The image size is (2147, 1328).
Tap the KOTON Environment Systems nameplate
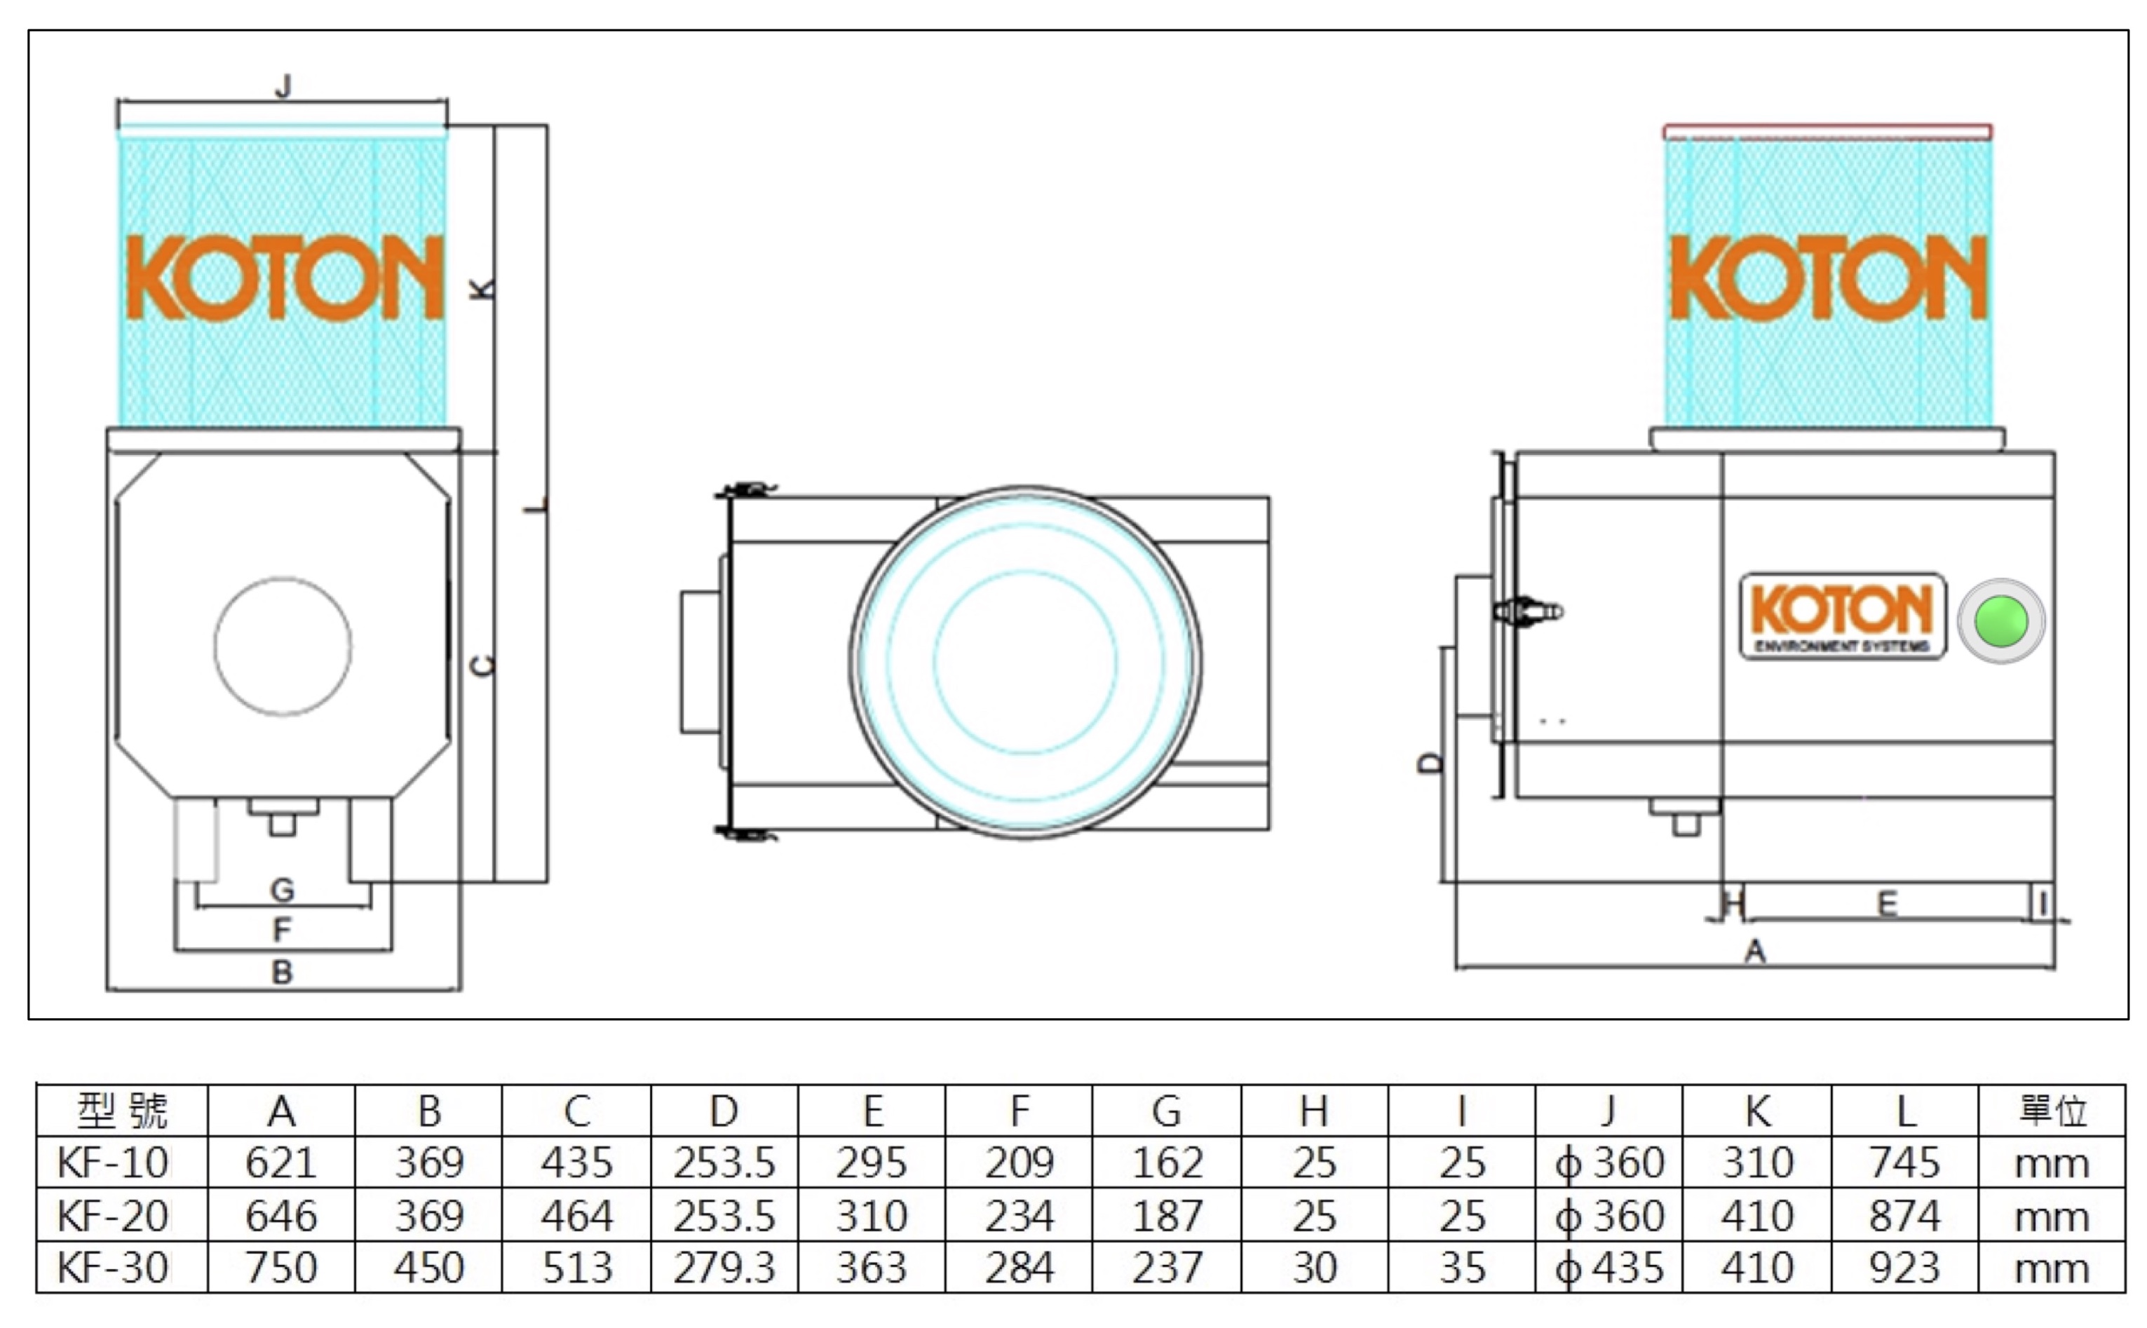(x=1842, y=616)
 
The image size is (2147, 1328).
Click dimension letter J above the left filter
(x=283, y=86)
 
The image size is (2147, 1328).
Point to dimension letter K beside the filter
(x=482, y=288)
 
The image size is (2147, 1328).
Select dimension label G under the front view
(x=282, y=890)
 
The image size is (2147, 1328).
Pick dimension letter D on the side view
(x=1430, y=762)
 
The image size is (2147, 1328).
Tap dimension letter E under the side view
(x=1886, y=904)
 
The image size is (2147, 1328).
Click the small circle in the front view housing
(x=283, y=646)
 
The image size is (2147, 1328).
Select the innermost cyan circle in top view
(x=1024, y=662)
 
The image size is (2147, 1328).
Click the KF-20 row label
(x=114, y=1216)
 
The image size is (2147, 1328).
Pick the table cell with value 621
(x=281, y=1163)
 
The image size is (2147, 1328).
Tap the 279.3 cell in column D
(x=724, y=1268)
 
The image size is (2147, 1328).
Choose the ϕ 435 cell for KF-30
(x=1608, y=1268)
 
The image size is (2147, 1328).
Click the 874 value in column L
(x=1904, y=1216)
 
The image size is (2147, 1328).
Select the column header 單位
(x=2052, y=1111)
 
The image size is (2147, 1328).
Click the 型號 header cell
(x=122, y=1111)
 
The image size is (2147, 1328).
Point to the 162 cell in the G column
(x=1166, y=1163)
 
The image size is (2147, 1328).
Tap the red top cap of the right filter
(x=1827, y=132)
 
